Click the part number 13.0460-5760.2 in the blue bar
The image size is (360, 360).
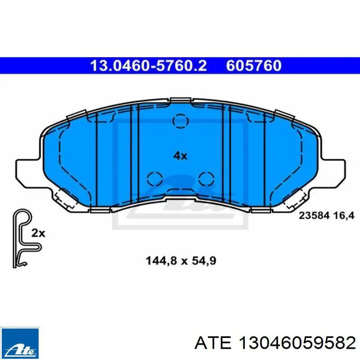coord(148,66)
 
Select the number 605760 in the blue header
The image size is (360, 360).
coord(254,66)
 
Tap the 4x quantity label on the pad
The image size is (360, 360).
coord(180,156)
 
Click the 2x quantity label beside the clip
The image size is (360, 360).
coord(38,233)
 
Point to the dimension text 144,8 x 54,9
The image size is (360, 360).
coord(181,261)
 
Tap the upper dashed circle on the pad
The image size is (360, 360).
coord(180,121)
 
